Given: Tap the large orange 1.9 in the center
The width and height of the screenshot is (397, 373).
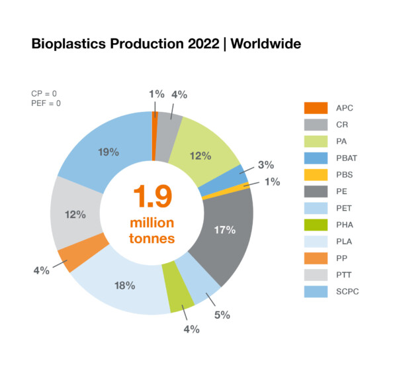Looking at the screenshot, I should pyautogui.click(x=153, y=197).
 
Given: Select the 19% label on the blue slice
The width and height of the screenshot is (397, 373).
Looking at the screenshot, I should pyautogui.click(x=109, y=152).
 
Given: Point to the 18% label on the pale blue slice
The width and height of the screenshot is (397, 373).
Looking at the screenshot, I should pyautogui.click(x=124, y=286).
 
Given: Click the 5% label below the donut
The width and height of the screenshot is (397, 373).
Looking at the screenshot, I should pyautogui.click(x=221, y=315).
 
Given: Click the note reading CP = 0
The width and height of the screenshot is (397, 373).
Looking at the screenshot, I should pyautogui.click(x=44, y=93).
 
